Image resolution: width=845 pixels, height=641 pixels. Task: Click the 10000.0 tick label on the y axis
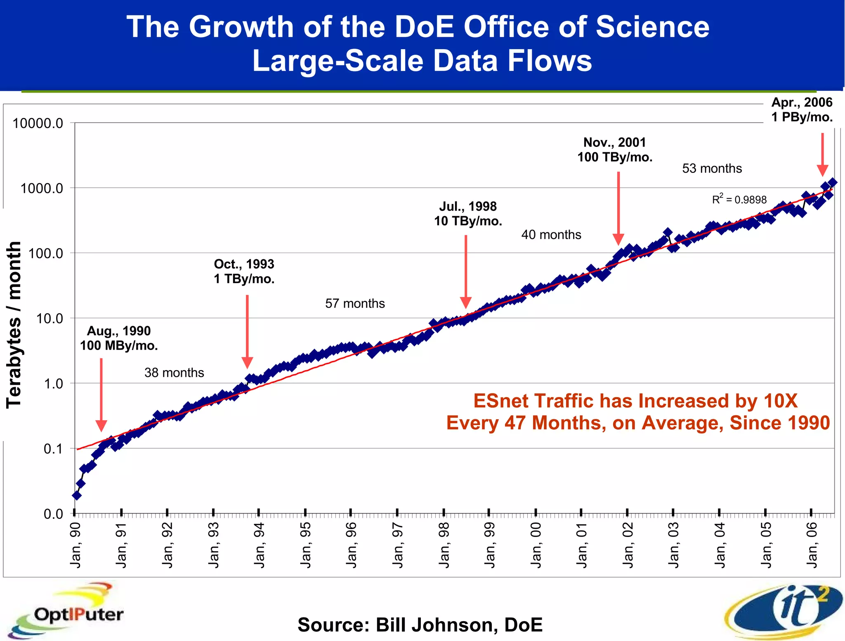pyautogui.click(x=38, y=123)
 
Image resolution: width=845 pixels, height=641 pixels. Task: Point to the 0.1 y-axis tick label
pyautogui.click(x=53, y=449)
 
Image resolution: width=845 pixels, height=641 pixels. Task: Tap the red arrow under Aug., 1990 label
pyautogui.click(x=101, y=395)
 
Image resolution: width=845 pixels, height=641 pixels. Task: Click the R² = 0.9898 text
pyautogui.click(x=739, y=199)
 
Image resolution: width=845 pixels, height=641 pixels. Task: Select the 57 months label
pyautogui.click(x=355, y=303)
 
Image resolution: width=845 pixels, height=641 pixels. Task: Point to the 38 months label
pyautogui.click(x=174, y=373)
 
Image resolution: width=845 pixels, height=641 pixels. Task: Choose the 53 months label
pyautogui.click(x=712, y=168)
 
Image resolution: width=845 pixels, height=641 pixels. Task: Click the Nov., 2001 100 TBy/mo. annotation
pyautogui.click(x=614, y=150)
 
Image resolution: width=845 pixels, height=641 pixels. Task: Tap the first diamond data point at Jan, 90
pyautogui.click(x=76, y=495)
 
